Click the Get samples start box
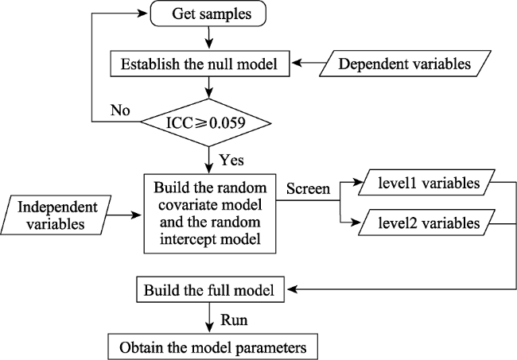208,14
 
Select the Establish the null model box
200,64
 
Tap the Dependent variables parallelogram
405,64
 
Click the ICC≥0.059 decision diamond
206,122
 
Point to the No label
120,110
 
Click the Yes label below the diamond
231,160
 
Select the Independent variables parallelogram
56,215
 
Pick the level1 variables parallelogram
426,183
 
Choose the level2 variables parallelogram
426,223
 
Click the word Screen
308,188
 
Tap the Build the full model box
210,289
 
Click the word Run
234,319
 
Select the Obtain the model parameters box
212,346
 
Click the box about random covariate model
210,214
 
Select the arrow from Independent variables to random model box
124,215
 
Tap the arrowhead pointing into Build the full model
291,289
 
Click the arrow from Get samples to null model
208,38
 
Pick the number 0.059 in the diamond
227,123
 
